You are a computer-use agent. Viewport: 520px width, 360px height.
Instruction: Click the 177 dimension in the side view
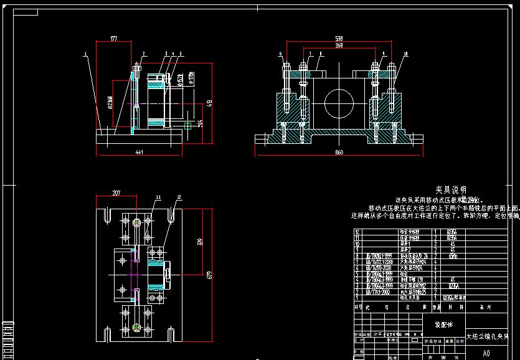114,39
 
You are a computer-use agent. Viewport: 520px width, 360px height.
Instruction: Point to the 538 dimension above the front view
339,39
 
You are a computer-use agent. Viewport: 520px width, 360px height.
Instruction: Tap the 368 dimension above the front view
339,45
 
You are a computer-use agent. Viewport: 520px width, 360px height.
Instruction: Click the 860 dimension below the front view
339,152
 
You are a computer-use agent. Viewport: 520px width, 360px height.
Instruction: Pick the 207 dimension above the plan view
116,193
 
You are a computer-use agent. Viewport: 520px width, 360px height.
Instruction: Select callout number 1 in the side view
85,54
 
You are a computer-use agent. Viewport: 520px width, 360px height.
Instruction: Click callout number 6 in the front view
281,54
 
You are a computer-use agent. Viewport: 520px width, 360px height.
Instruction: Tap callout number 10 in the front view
405,54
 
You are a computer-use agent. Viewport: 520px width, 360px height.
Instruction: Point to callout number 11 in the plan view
158,197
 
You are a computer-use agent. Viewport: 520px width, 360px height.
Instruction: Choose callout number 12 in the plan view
179,197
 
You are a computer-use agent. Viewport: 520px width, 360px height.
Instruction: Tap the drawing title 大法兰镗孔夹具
488,336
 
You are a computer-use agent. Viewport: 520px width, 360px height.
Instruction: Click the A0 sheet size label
486,353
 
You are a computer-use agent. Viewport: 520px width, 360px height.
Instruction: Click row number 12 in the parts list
357,231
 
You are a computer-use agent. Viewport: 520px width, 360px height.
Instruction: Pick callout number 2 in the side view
143,54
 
